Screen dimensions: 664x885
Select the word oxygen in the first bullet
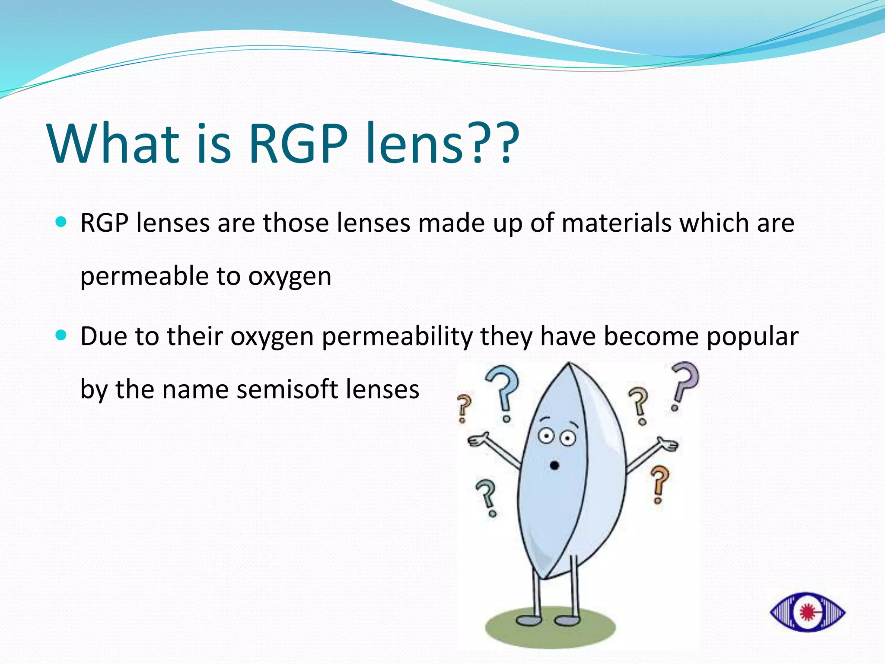(x=290, y=277)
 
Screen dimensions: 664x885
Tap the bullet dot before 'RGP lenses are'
(x=61, y=222)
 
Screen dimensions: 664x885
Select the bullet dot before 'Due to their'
(x=61, y=335)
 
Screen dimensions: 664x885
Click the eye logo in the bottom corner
(x=807, y=612)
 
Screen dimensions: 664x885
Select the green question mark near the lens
(x=487, y=497)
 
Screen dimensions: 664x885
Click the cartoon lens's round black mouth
(x=554, y=466)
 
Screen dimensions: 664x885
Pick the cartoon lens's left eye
(x=546, y=436)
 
